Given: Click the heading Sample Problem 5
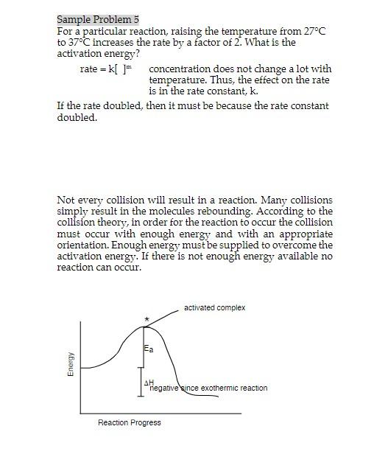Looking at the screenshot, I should (x=98, y=19).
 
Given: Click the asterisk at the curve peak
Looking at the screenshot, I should (x=147, y=318).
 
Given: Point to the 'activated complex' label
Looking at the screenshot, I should (x=214, y=307).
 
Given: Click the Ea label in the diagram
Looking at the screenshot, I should (x=149, y=348).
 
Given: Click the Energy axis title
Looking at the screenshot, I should (x=71, y=365).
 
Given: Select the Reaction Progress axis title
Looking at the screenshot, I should (x=129, y=422).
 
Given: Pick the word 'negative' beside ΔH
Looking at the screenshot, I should (x=165, y=388).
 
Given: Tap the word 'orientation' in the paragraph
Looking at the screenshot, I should (x=83, y=245).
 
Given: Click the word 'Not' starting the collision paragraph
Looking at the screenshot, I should (x=65, y=200).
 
